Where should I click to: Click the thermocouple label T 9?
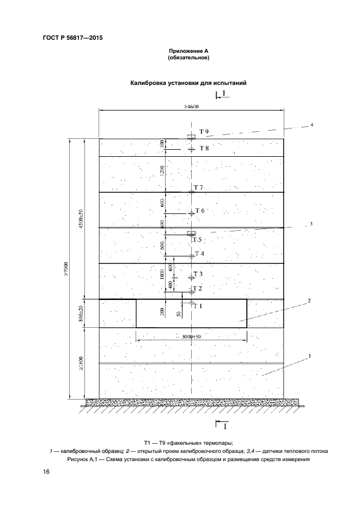(x=204, y=132)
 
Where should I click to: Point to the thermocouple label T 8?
(x=204, y=148)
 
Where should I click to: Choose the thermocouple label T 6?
(x=200, y=211)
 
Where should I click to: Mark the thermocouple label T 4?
(x=200, y=254)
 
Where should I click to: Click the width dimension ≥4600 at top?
(x=191, y=107)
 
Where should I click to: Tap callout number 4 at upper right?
(x=312, y=125)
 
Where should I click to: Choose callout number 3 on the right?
(x=310, y=224)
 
